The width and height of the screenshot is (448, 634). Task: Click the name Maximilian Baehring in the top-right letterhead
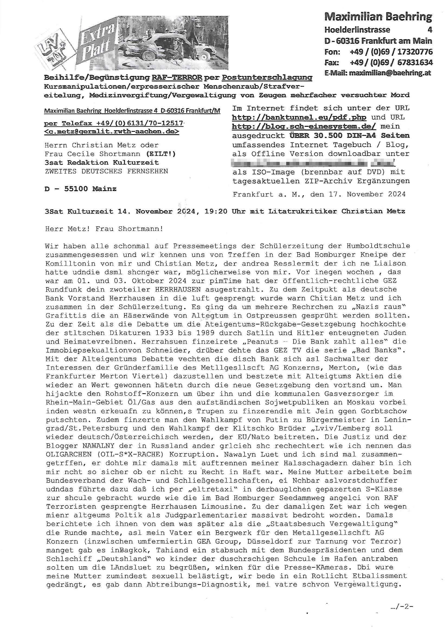(x=378, y=17)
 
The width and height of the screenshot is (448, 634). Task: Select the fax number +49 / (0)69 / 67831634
(x=391, y=63)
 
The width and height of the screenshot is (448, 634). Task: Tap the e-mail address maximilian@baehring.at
(x=389, y=73)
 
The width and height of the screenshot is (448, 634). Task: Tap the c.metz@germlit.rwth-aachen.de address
(x=111, y=132)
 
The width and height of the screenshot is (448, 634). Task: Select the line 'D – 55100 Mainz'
(x=80, y=189)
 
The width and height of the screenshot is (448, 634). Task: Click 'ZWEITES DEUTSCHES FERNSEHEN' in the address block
(x=106, y=171)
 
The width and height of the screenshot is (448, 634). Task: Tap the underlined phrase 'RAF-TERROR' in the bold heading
(x=177, y=78)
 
